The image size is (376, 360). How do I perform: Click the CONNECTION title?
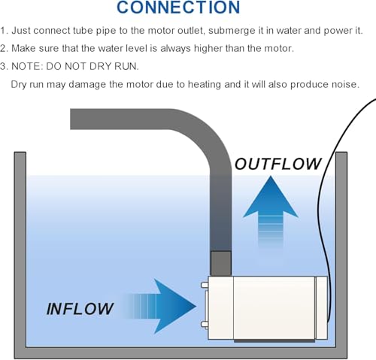pos(178,7)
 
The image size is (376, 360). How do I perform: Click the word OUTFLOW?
pos(278,164)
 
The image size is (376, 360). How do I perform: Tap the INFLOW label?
pos(80,308)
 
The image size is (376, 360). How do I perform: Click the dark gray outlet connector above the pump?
pos(220,264)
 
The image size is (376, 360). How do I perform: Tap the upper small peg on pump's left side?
pos(205,285)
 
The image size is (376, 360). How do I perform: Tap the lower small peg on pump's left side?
pos(205,325)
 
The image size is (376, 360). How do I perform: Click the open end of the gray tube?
pos(71,119)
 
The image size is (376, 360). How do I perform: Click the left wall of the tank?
pos(20,250)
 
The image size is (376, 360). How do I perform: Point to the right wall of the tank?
pos(341,250)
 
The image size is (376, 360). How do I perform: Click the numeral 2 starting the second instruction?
pos(3,48)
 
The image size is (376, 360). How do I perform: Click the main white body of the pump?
pos(274,308)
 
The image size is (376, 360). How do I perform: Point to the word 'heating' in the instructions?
pos(205,85)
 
